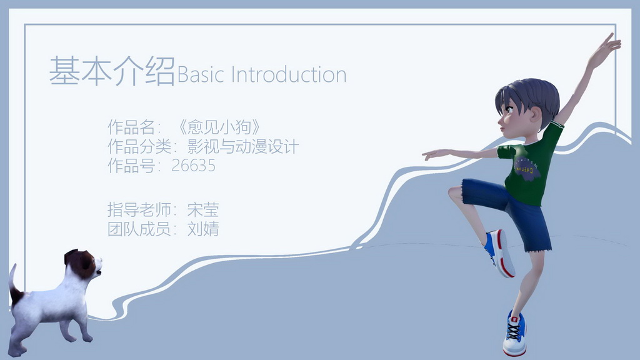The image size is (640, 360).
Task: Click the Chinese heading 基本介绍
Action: click(111, 71)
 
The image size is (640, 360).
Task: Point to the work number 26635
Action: click(193, 166)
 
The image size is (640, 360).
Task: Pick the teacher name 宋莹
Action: click(203, 209)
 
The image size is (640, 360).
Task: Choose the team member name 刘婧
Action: click(203, 229)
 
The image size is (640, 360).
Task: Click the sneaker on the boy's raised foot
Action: click(501, 253)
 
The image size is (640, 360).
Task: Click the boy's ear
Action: click(535, 115)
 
